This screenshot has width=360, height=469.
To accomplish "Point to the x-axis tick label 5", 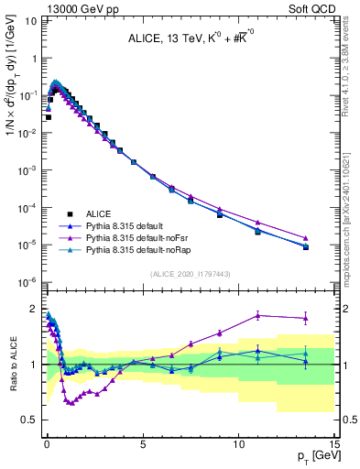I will tap(142, 443).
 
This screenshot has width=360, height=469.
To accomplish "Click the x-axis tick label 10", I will tap(238, 443).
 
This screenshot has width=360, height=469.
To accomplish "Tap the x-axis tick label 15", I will tap(334, 443).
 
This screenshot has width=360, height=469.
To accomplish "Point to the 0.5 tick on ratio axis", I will tap(27, 420).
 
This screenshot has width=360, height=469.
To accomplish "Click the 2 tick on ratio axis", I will tap(32, 309).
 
